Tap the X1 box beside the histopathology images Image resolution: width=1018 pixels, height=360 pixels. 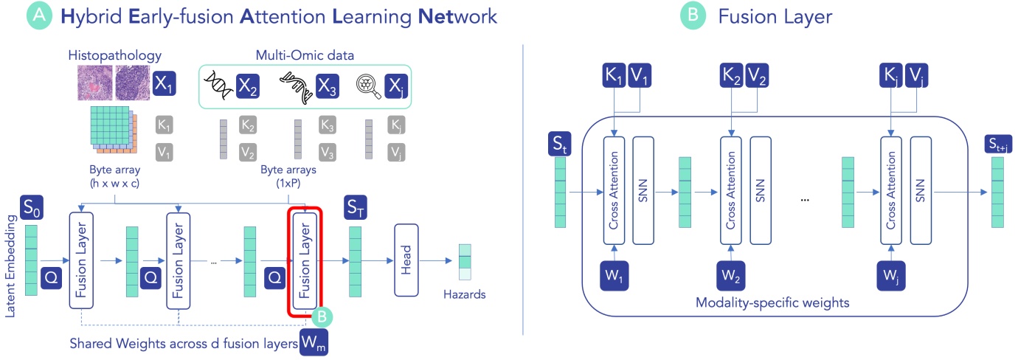click(164, 85)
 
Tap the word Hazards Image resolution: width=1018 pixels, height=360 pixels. click(465, 294)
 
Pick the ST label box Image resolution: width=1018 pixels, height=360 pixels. click(356, 210)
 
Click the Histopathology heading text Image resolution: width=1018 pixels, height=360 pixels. click(114, 56)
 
